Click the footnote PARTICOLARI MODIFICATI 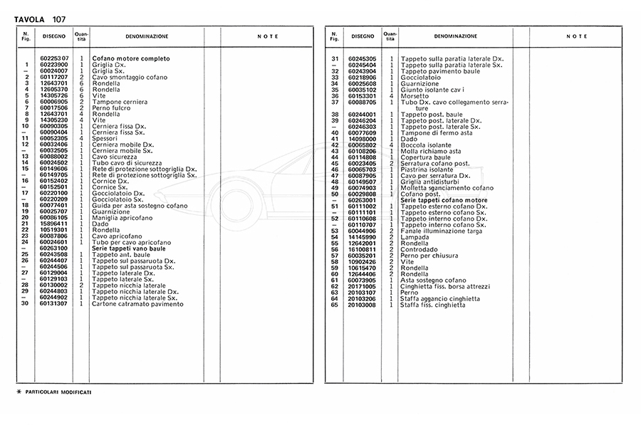pos(58,392)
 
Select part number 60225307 pos(54,58)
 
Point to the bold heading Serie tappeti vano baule pos(129,248)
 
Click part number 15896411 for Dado pos(54,223)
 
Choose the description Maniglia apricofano pos(122,217)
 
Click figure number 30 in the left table pos(25,304)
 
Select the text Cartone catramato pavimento pos(137,304)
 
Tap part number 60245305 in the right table pos(362,58)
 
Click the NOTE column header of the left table pos(268,36)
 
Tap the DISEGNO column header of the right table pos(362,36)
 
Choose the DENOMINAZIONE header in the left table pos(147,36)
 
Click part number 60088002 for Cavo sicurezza pos(54,156)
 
